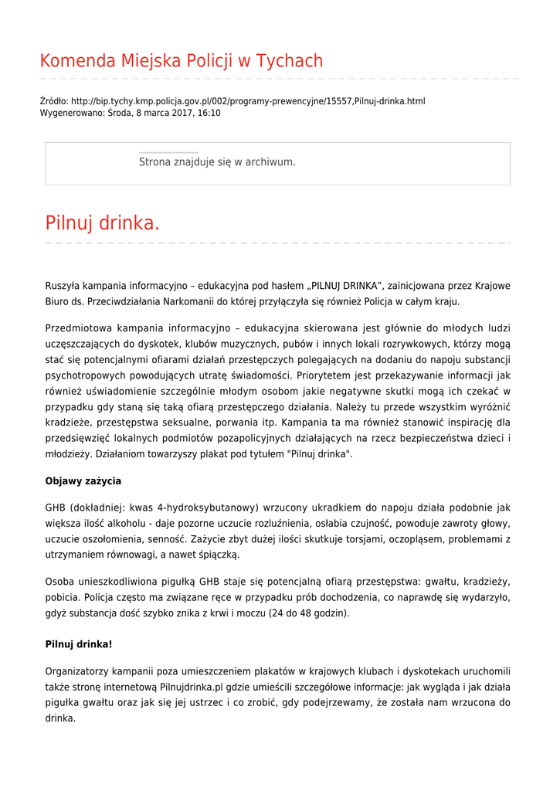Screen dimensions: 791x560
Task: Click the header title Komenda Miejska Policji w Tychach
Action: pos(181,61)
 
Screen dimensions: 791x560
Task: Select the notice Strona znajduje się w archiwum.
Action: pos(217,162)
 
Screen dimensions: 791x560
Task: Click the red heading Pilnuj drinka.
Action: pos(102,224)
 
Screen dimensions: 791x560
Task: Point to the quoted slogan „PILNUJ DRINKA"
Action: pos(345,286)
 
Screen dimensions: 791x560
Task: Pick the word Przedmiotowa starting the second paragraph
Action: pos(79,328)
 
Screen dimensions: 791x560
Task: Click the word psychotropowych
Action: pos(84,376)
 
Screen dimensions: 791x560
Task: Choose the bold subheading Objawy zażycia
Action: pos(83,481)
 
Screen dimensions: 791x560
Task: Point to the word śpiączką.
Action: pos(220,555)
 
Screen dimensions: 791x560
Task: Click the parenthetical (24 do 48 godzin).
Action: pos(305,613)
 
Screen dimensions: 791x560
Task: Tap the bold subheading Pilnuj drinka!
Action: pos(79,643)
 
